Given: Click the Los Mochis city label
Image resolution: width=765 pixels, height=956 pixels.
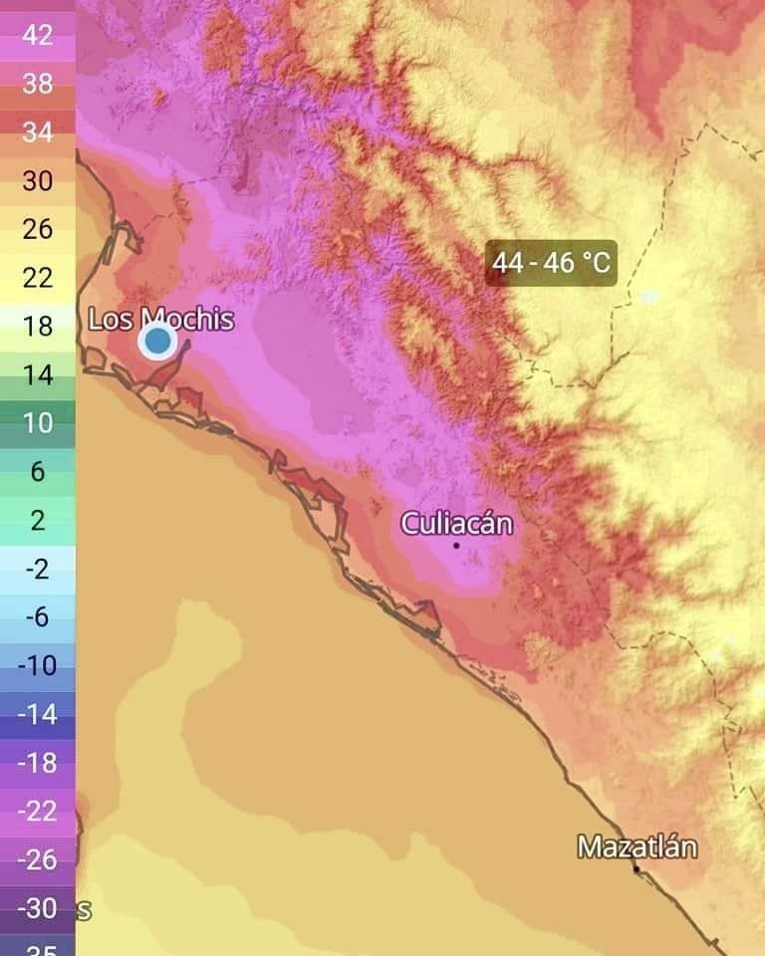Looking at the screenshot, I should click(161, 320).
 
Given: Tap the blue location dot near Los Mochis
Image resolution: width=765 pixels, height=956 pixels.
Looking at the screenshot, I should click(157, 342).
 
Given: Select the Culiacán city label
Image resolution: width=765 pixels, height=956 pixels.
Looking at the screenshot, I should click(457, 523).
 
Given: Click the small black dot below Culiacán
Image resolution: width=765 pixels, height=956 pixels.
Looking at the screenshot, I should click(457, 545).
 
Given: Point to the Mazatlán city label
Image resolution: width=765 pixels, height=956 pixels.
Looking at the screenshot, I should click(637, 847).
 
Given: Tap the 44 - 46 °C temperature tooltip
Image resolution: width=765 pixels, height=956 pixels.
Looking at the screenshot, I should click(551, 264).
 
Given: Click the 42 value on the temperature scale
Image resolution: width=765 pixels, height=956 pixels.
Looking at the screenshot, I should click(38, 35).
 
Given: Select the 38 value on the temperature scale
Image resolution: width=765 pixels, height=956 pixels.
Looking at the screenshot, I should click(38, 84).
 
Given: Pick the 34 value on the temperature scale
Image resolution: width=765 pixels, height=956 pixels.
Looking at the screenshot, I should click(38, 132).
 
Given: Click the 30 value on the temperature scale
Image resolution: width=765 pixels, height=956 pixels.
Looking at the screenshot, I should click(38, 180).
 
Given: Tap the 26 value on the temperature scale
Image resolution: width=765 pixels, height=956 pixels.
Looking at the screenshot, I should click(38, 229).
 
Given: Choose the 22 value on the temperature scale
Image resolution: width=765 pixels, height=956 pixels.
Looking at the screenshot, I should click(38, 277).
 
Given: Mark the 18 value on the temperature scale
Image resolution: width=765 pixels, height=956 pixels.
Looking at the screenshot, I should click(38, 326).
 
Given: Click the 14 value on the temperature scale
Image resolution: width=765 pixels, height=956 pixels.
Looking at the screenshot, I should click(38, 374).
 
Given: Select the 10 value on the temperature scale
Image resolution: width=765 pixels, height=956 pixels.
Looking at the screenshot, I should click(38, 422).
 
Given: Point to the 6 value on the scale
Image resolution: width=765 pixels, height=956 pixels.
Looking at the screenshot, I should click(38, 471).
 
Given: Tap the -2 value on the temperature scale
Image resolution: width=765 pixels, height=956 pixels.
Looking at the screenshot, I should click(38, 569).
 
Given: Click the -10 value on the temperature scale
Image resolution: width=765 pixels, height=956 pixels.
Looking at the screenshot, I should click(38, 665).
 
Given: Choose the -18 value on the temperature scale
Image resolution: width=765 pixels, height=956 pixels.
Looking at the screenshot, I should click(38, 763).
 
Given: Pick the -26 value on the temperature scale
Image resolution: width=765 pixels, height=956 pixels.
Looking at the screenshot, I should click(38, 859).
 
